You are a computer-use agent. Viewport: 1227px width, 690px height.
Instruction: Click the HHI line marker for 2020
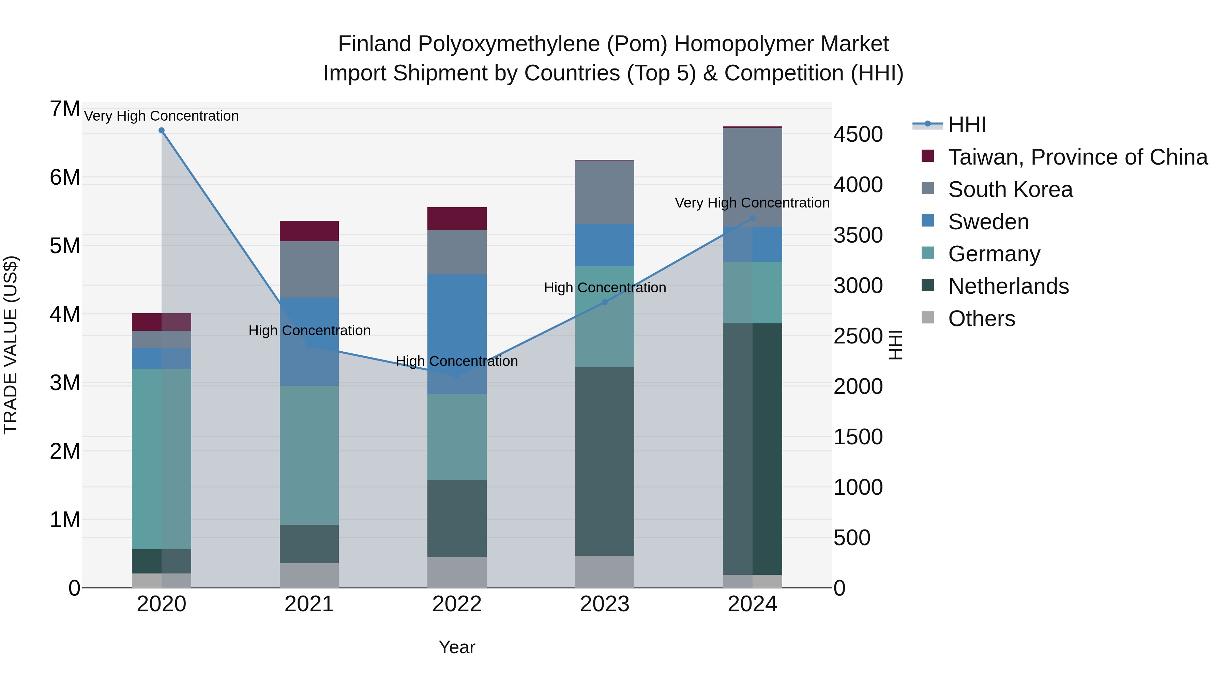click(x=162, y=131)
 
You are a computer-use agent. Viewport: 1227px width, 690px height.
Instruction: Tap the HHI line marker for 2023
click(x=604, y=302)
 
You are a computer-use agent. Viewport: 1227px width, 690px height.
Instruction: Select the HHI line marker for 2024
click(x=752, y=218)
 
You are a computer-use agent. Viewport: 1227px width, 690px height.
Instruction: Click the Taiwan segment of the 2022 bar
click(x=457, y=218)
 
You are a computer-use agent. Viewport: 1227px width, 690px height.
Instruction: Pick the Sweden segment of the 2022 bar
click(x=457, y=333)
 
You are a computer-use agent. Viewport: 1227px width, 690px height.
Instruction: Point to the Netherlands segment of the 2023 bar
click(x=604, y=461)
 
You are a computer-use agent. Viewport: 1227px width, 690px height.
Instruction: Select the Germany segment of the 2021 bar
click(x=309, y=455)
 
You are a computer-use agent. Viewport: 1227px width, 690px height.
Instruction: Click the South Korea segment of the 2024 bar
click(x=752, y=177)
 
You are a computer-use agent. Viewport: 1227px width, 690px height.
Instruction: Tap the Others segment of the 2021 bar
click(x=309, y=575)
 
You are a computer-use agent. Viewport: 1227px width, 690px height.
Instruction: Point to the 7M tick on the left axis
click(x=65, y=109)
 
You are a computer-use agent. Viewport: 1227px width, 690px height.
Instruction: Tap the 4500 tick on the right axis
click(x=858, y=134)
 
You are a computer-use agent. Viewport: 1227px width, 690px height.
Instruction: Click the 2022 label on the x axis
click(x=457, y=604)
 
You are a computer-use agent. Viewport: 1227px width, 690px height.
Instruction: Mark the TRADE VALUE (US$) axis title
click(x=11, y=345)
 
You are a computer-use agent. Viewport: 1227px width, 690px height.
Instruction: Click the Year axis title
click(x=457, y=647)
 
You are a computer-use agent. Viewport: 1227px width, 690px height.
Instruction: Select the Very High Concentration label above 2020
click(x=162, y=116)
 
